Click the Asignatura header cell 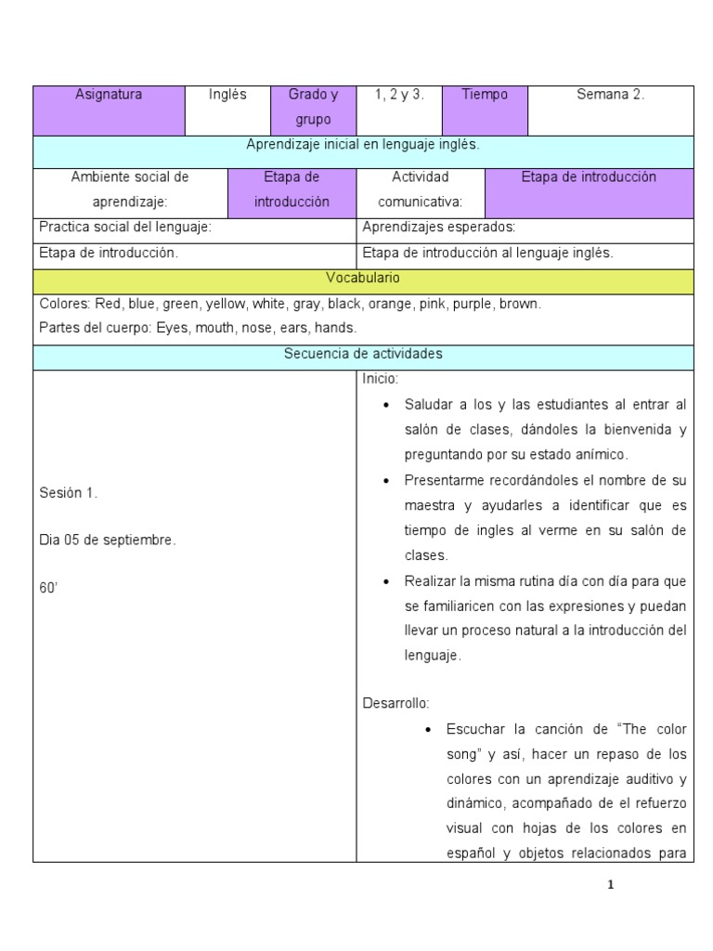(x=109, y=95)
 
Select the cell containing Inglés (x=227, y=95)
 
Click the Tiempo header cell (x=485, y=95)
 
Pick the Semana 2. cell (x=610, y=95)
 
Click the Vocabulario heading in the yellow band (x=362, y=278)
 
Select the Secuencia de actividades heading (x=362, y=354)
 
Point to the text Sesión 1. (x=69, y=493)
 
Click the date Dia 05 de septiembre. (x=107, y=540)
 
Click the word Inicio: (x=380, y=379)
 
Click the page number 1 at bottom (x=610, y=885)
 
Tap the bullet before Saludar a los (x=385, y=406)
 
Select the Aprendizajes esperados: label (x=438, y=227)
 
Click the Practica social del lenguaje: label (x=125, y=227)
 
